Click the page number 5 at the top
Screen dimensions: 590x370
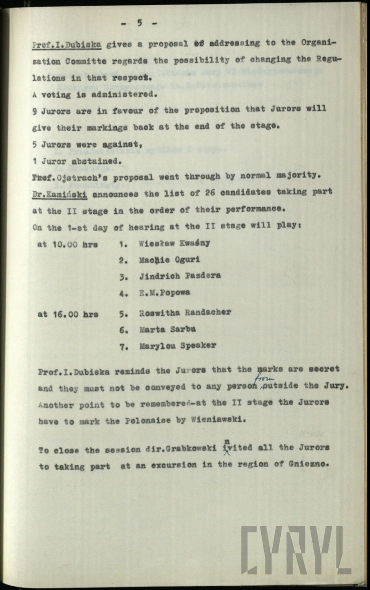click(139, 23)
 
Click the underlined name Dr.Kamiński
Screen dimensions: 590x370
click(59, 193)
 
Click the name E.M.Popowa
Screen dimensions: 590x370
click(165, 292)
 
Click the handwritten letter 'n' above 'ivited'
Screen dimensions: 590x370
click(226, 440)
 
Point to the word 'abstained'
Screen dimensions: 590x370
click(101, 161)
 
